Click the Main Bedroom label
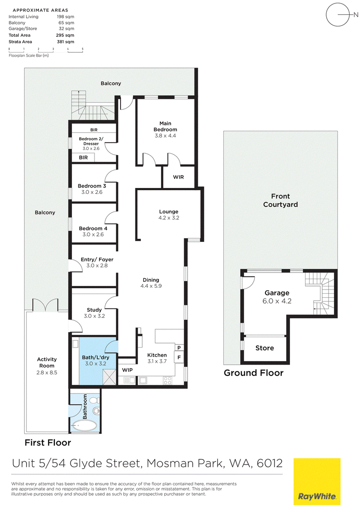pyautogui.click(x=165, y=126)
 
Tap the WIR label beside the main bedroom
pyautogui.click(x=178, y=177)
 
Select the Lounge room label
pyautogui.click(x=169, y=212)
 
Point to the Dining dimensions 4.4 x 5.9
pyautogui.click(x=151, y=286)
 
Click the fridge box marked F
pyautogui.click(x=179, y=358)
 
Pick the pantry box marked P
pyautogui.click(x=179, y=348)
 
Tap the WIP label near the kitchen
pyautogui.click(x=127, y=370)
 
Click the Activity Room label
pyautogui.click(x=47, y=362)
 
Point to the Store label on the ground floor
pyautogui.click(x=265, y=348)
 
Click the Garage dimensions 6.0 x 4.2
pyautogui.click(x=277, y=301)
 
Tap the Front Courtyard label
pyautogui.click(x=280, y=200)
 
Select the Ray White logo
pyautogui.click(x=317, y=482)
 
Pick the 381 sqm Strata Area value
pyautogui.click(x=65, y=41)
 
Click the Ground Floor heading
pyautogui.click(x=253, y=373)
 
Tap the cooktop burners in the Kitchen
pyautogui.click(x=168, y=380)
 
